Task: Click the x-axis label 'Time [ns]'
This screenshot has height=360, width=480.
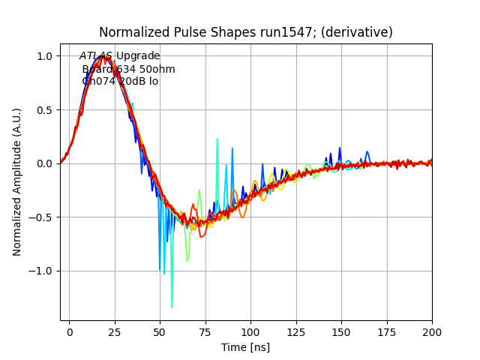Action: tap(245, 347)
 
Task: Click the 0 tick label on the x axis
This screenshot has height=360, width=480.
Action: tap(69, 331)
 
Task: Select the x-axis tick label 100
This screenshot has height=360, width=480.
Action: tap(250, 331)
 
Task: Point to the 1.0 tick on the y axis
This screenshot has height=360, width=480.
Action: tap(44, 56)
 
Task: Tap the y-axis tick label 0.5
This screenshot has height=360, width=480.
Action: tap(44, 110)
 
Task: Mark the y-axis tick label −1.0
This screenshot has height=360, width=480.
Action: tap(41, 271)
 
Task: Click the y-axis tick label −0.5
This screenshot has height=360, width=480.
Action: tap(41, 217)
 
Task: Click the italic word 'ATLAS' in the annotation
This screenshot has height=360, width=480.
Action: tap(96, 56)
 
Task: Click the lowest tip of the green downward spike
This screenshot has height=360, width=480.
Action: tap(172, 307)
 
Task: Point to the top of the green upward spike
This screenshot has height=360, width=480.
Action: tap(217, 139)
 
